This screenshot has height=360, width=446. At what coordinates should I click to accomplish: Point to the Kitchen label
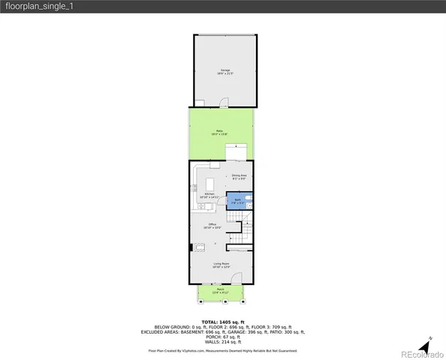209,196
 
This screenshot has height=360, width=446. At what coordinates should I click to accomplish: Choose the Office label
212,225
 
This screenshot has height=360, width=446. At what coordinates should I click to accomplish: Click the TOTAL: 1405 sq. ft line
222,321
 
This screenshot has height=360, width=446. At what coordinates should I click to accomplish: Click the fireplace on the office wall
191,247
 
